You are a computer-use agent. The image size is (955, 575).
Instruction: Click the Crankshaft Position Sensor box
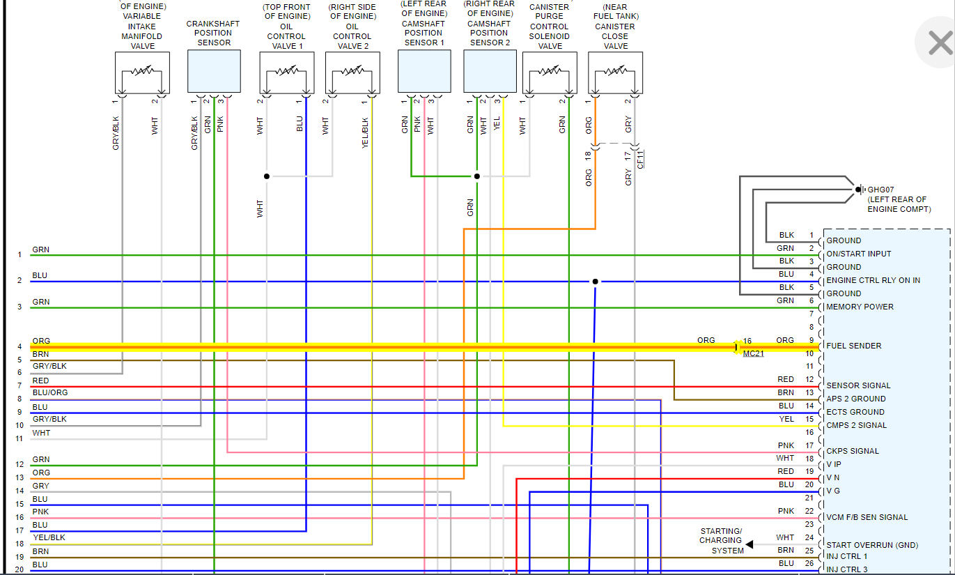214,71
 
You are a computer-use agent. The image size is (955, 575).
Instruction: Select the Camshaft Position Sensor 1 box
424,71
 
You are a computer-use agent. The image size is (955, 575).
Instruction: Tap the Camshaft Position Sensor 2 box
490,71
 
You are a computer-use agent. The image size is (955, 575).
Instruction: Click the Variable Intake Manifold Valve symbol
142,73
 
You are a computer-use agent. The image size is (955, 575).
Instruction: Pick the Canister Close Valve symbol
615,73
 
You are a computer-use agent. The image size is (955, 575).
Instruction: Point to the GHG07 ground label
880,189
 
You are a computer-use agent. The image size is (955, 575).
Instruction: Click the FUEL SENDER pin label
853,346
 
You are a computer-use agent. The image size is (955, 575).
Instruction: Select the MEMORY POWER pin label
860,307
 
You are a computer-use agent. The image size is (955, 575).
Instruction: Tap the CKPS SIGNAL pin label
853,451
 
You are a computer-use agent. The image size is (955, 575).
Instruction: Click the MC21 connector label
753,354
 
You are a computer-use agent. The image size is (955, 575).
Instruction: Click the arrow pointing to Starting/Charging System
750,544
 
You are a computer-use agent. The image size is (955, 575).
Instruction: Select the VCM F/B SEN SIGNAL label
867,517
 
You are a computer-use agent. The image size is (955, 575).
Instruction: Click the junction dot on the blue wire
595,282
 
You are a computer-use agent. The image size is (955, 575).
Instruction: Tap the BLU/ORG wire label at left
50,392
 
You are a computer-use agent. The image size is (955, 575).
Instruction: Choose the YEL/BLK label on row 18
49,537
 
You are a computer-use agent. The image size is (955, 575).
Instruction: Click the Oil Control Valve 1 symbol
286,73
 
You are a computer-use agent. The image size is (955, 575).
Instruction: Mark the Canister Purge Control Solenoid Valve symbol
550,73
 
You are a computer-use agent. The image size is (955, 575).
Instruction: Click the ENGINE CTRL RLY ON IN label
873,280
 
